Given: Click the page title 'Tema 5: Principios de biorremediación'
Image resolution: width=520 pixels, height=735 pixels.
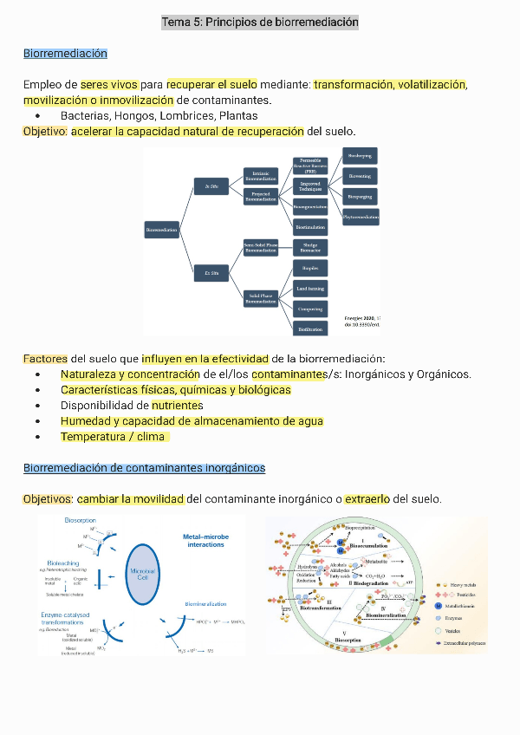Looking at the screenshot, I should [260, 22].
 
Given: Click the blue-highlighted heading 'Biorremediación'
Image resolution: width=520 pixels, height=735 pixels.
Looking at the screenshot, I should [66, 54].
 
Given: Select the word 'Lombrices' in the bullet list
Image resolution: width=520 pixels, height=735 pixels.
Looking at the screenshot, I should [188, 115].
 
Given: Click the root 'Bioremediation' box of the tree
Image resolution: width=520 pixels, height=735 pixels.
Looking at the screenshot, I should [162, 230].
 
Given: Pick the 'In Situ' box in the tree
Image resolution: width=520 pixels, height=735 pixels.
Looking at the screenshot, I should [211, 186].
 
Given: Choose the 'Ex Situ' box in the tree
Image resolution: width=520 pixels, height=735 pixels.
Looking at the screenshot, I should [211, 273].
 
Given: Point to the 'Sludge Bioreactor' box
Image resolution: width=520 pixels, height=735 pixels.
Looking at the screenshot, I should [310, 246].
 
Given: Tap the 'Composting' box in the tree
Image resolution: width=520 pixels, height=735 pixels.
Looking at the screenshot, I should [310, 309].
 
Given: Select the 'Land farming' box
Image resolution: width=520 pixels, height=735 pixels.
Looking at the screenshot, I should [310, 288].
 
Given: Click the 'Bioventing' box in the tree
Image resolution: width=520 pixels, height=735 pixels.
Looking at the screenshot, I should [360, 176].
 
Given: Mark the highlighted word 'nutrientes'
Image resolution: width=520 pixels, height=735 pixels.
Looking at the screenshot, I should [177, 405].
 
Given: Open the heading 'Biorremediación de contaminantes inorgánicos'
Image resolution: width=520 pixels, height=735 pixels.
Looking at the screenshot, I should [144, 468].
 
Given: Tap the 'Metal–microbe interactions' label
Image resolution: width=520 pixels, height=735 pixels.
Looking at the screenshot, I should [205, 541].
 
